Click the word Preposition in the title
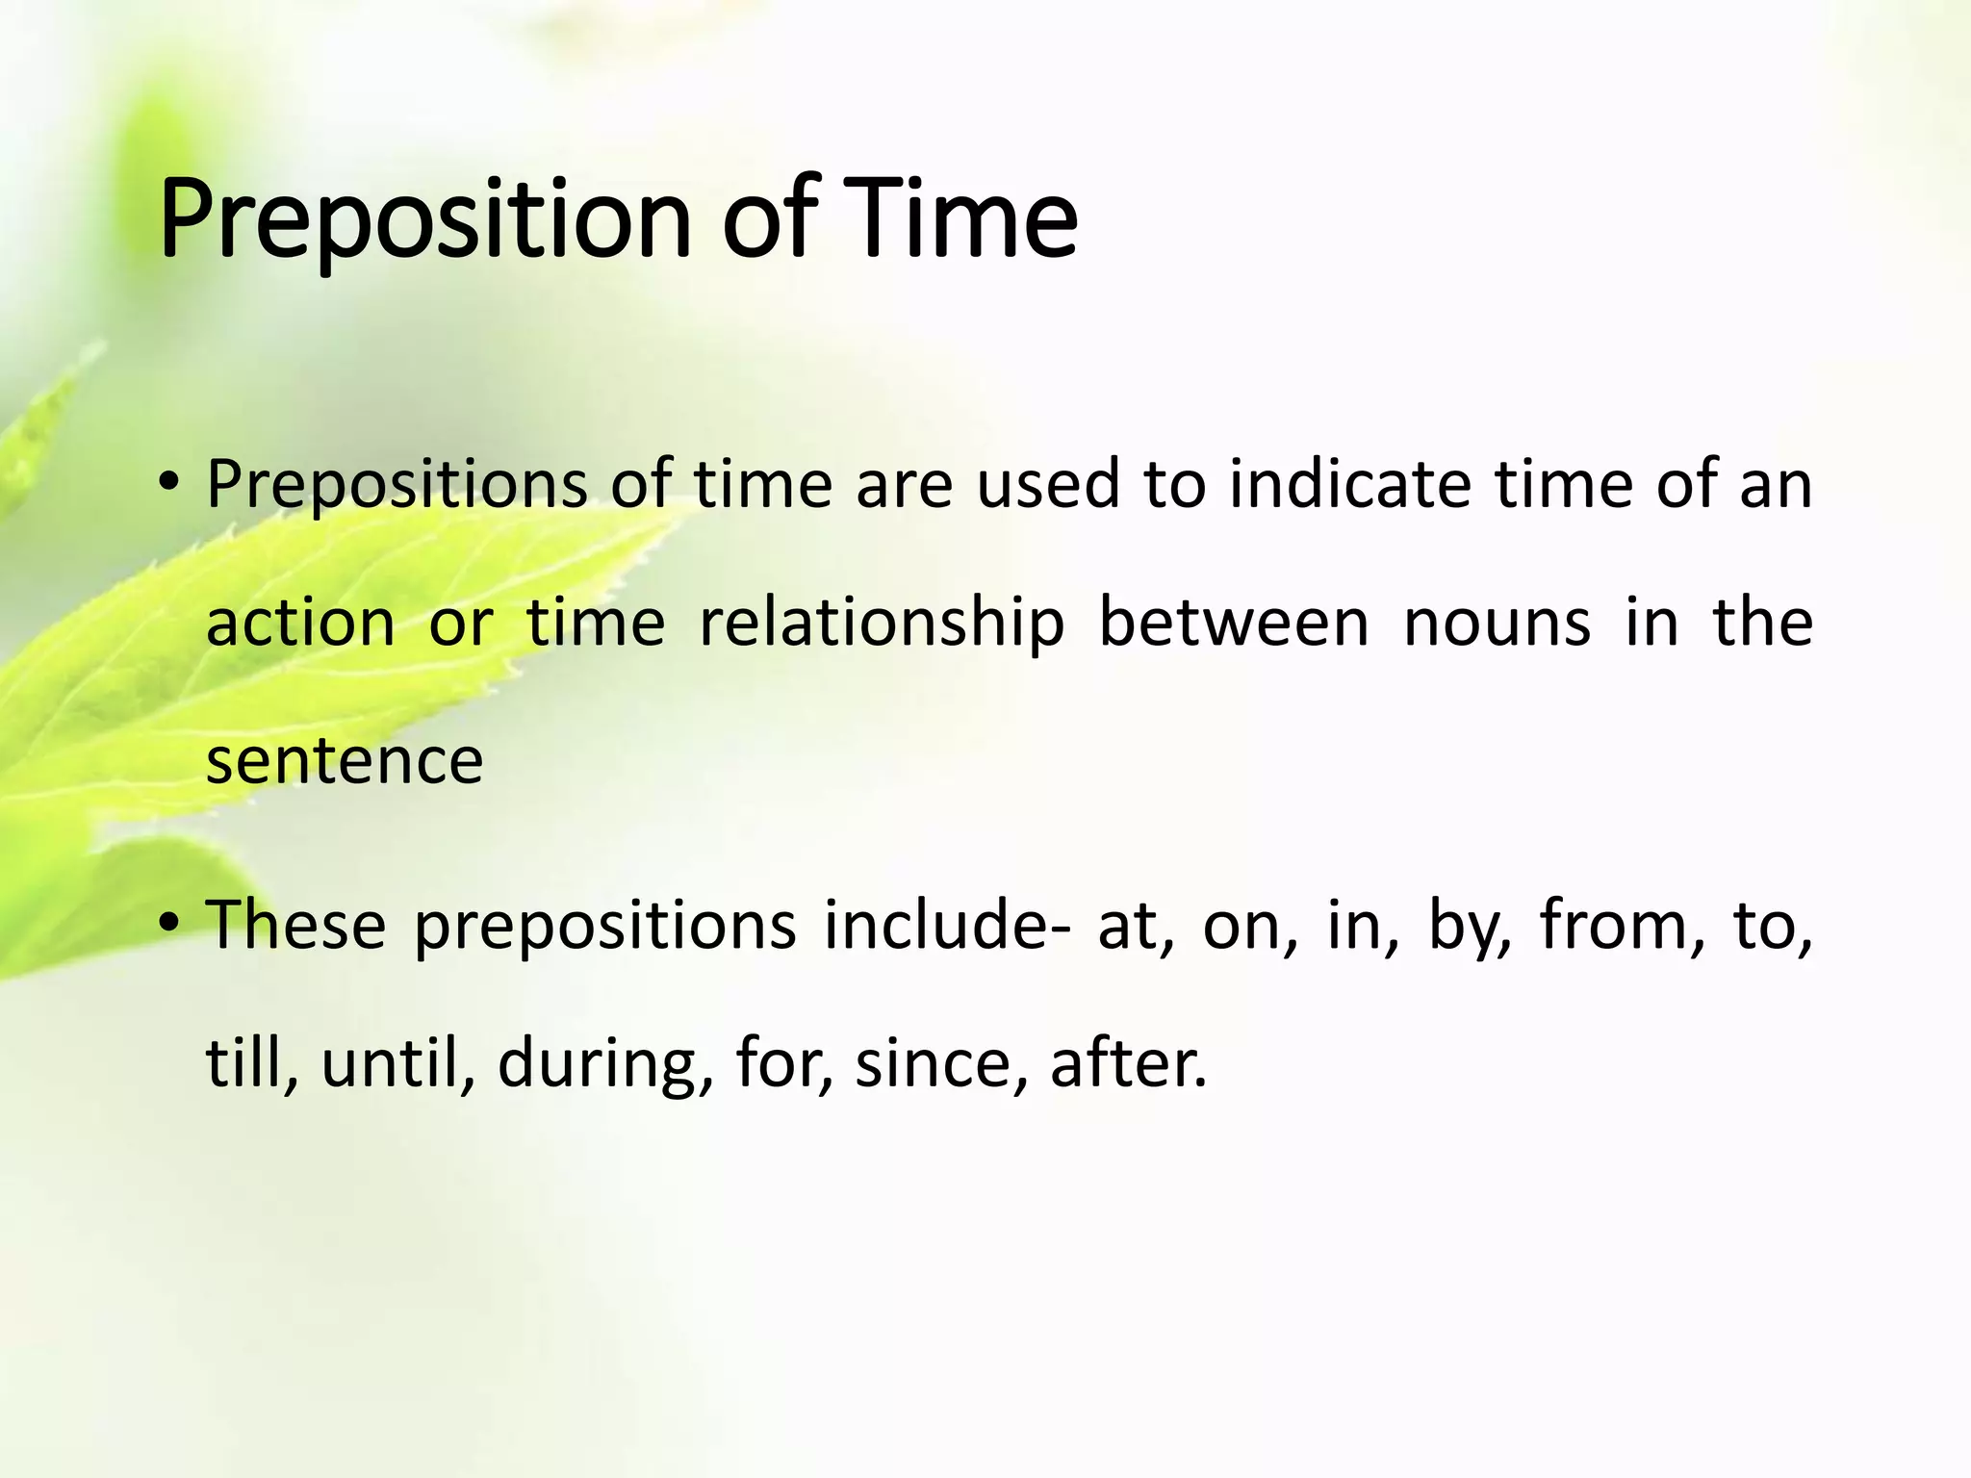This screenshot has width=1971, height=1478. click(423, 219)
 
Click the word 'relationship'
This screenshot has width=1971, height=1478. click(882, 624)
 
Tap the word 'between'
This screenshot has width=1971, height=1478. click(1234, 622)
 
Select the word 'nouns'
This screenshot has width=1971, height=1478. click(1497, 624)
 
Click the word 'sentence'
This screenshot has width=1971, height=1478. click(345, 760)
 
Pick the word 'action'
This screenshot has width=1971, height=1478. click(300, 624)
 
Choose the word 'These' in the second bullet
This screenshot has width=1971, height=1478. click(296, 924)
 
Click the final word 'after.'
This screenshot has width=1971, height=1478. click(1128, 1063)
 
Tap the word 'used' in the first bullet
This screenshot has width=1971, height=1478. click(1048, 483)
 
